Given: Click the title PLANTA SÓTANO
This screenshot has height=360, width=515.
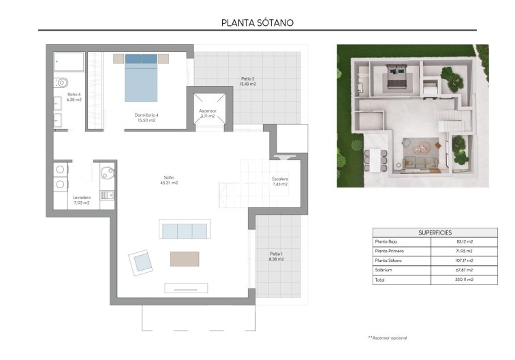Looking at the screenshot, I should (x=257, y=22).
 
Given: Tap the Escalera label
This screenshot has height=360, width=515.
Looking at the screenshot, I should (x=280, y=181).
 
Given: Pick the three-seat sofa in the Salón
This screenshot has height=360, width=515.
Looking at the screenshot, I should (x=183, y=230).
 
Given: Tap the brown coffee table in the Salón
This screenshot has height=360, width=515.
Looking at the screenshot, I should (x=185, y=259).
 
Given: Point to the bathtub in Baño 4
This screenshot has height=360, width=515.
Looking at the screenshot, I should (x=70, y=61).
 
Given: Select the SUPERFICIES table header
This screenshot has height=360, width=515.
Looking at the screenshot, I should (x=435, y=232).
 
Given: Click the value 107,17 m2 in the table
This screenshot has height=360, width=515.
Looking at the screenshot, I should (x=465, y=260).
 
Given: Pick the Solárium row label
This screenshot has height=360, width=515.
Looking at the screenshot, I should (x=385, y=270).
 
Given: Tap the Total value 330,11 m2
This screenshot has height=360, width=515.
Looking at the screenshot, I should (x=465, y=280).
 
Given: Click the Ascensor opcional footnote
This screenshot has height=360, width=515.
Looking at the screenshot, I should (x=388, y=337).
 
